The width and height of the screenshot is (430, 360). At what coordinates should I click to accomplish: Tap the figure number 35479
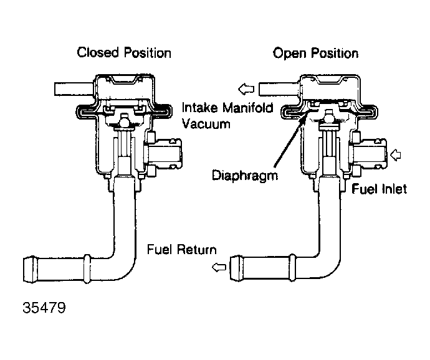coord(44,308)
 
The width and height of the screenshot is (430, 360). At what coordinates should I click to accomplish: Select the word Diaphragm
coord(245,176)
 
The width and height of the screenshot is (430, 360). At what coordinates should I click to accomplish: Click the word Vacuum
coord(206,124)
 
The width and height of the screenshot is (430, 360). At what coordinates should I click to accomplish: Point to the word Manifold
coord(247,108)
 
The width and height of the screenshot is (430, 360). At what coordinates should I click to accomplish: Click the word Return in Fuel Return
coord(196,250)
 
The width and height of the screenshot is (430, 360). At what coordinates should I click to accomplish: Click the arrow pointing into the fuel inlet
coord(395,155)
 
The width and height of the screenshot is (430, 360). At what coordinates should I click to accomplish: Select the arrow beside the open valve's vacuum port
coord(246,89)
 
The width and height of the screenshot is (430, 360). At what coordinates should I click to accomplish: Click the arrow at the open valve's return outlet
coord(219,267)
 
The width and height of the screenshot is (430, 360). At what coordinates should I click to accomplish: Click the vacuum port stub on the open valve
coord(279,89)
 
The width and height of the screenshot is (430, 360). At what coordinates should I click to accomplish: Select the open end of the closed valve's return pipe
coord(29,269)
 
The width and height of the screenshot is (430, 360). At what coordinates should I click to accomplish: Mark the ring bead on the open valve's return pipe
coord(292,268)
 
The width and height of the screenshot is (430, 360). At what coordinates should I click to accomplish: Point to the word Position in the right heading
coord(337,54)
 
